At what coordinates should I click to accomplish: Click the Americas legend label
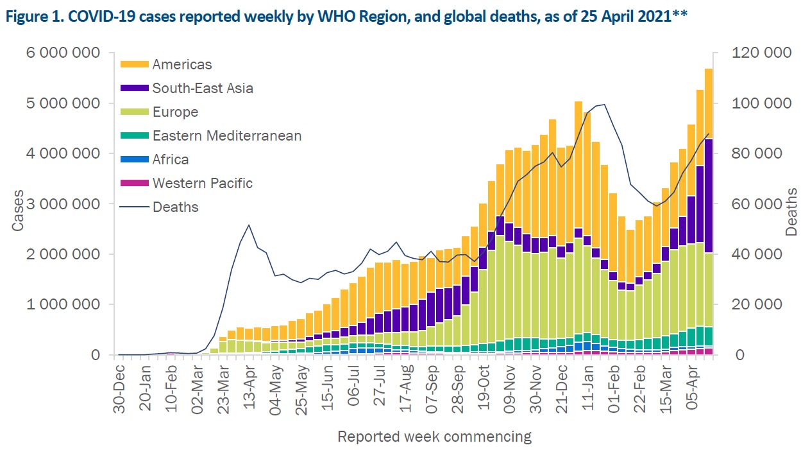point(182,64)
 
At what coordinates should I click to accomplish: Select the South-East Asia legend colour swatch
point(135,88)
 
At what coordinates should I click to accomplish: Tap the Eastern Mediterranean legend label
point(227,135)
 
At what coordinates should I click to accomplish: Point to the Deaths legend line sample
point(135,207)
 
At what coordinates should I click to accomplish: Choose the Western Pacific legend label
point(203,183)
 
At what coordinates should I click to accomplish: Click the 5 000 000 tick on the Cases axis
point(63,103)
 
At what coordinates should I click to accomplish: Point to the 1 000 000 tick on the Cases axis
point(63,304)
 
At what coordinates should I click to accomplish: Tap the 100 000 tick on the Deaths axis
point(761,103)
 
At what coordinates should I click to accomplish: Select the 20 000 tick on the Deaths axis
point(757,304)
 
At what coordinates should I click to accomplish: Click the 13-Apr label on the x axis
point(249,386)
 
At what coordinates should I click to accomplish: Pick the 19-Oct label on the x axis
point(483,387)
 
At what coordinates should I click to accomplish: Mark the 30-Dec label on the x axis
point(119,389)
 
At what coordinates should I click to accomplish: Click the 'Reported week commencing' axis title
point(435,437)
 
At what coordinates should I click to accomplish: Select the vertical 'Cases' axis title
point(18,211)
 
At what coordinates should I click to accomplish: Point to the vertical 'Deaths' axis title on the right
point(791,212)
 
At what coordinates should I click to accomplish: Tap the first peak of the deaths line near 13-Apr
point(249,225)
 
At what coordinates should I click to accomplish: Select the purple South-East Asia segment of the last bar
point(709,196)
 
